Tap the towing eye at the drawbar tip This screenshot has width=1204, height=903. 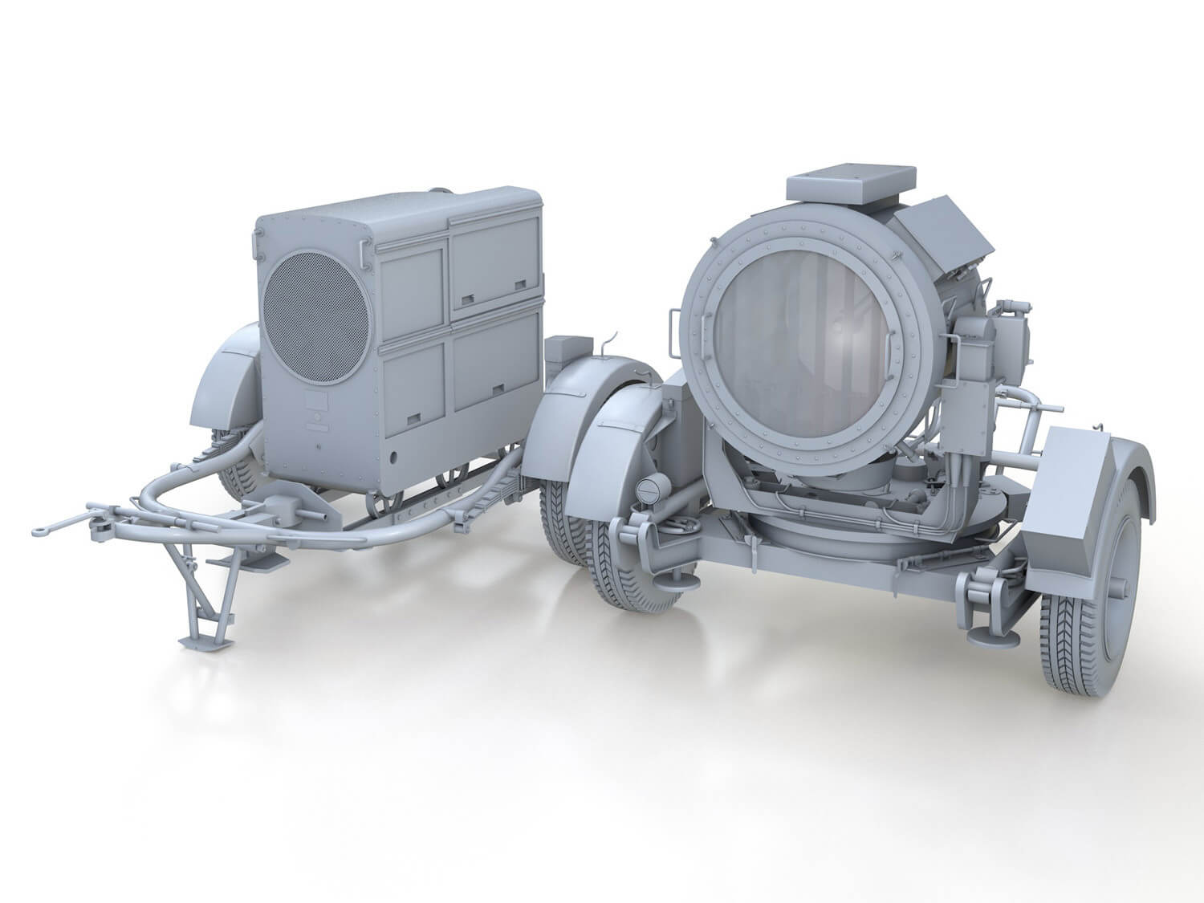tap(42, 529)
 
